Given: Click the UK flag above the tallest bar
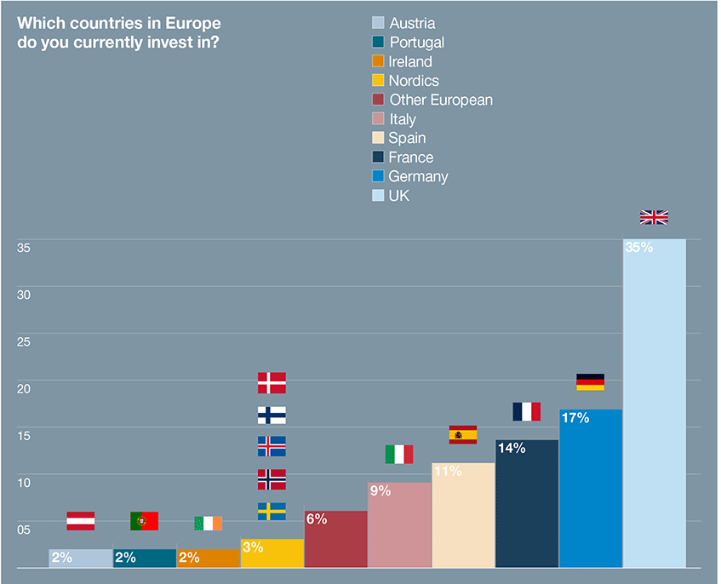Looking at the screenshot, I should point(654,217).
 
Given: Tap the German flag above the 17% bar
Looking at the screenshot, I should point(590,381).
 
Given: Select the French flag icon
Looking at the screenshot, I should point(526,411).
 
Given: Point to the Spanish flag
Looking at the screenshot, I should point(462,435).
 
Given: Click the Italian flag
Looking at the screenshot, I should point(398,454).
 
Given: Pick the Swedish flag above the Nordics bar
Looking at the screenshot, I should point(272,511).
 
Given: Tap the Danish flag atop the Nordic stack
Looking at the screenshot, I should point(272,382).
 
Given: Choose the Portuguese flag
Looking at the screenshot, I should point(144,521).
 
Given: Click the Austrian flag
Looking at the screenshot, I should point(81,521).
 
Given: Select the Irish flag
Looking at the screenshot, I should point(208,523).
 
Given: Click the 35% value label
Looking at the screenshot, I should point(638,248).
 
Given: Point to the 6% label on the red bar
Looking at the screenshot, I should point(316,519).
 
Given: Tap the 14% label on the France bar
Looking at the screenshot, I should point(512,448).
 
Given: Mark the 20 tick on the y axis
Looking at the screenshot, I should point(24,388).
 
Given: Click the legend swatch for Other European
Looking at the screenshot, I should point(379,100).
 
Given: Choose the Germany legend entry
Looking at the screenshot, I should point(417,176).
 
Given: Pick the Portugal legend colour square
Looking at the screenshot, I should point(379,42).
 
